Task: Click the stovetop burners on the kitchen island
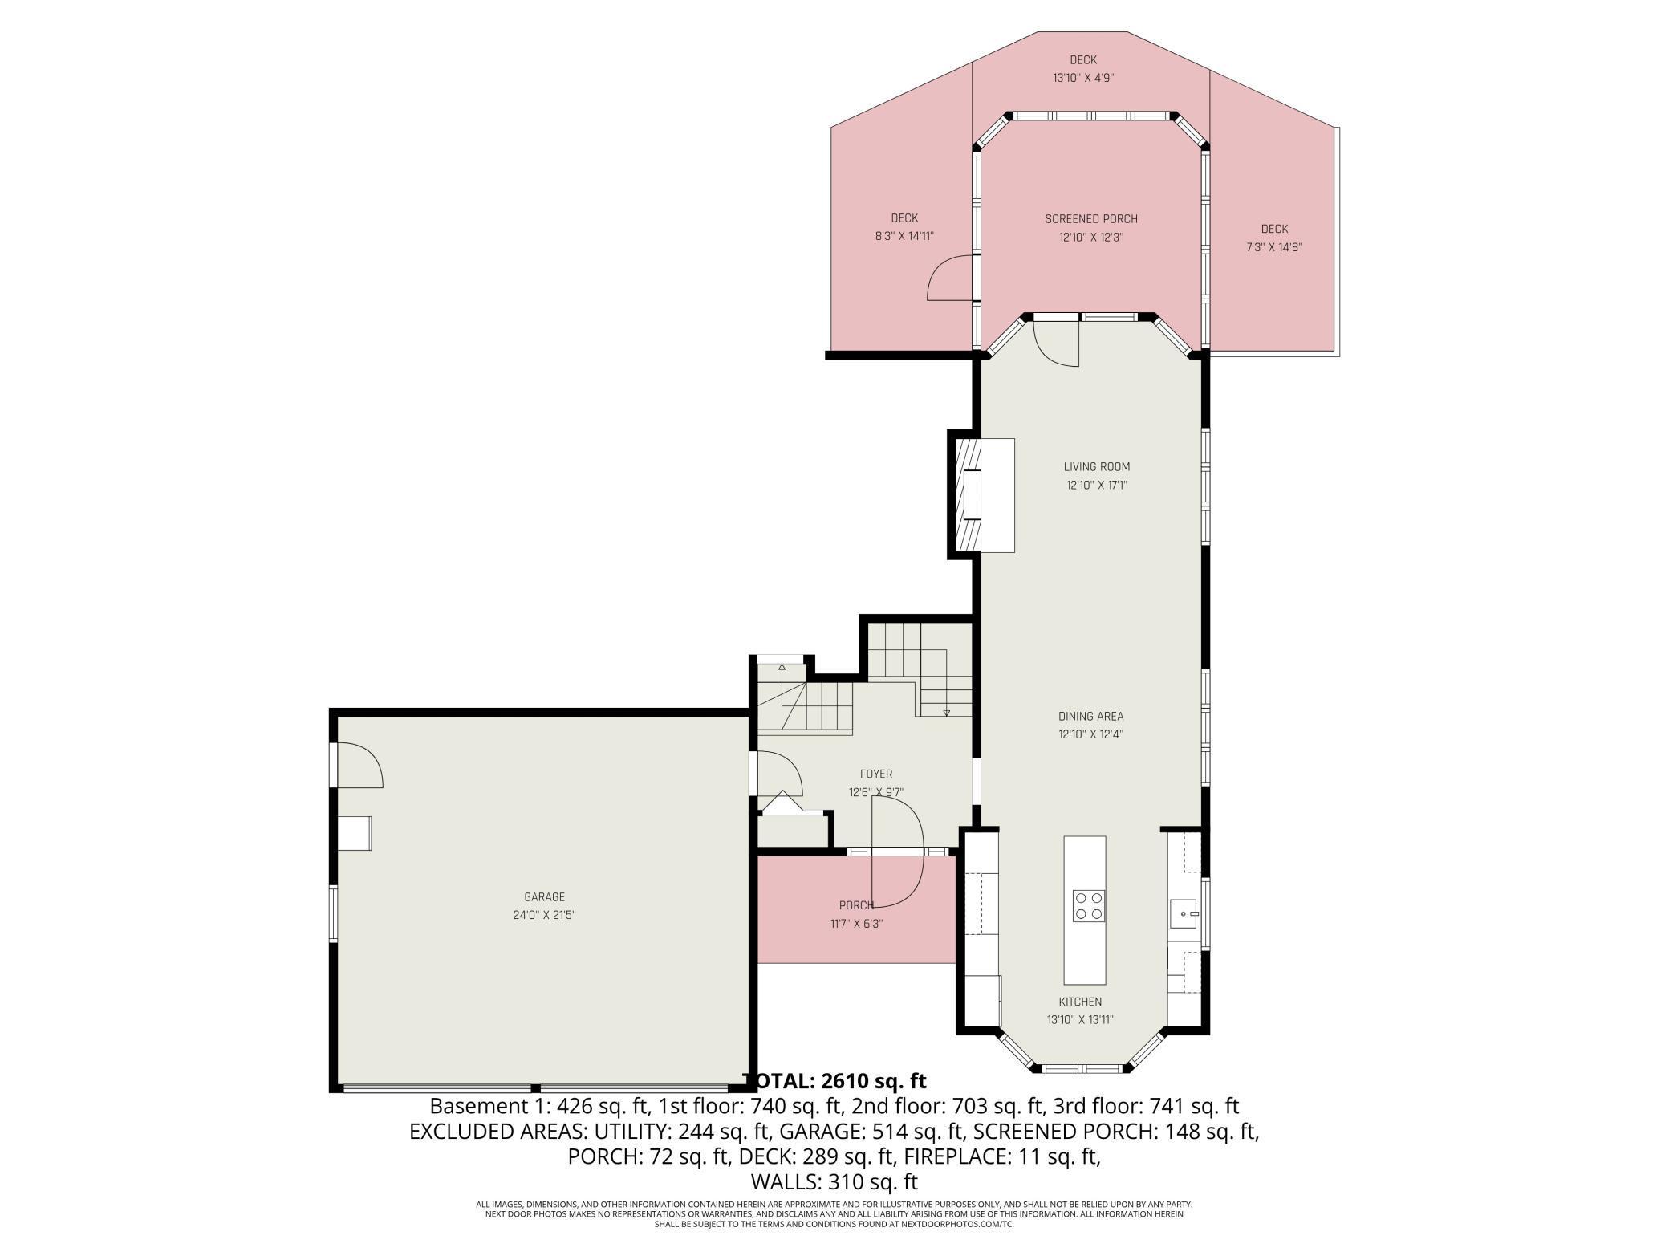pyautogui.click(x=1089, y=905)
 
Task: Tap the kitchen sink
pyautogui.click(x=1184, y=913)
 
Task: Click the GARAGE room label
pyautogui.click(x=545, y=897)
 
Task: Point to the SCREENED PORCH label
pyautogui.click(x=1091, y=219)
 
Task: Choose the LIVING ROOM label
pyautogui.click(x=1097, y=466)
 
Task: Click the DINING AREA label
pyautogui.click(x=1090, y=716)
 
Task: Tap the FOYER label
pyautogui.click(x=876, y=774)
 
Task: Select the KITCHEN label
pyautogui.click(x=1080, y=1002)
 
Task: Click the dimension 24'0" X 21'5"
pyautogui.click(x=545, y=915)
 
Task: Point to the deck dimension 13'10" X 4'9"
pyautogui.click(x=1083, y=78)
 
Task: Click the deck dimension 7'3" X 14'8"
pyautogui.click(x=1273, y=247)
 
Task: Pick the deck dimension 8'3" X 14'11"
pyautogui.click(x=904, y=236)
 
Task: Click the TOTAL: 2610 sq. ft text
pyautogui.click(x=834, y=1080)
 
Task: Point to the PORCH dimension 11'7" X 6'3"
pyautogui.click(x=857, y=924)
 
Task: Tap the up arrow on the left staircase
pyautogui.click(x=782, y=668)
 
